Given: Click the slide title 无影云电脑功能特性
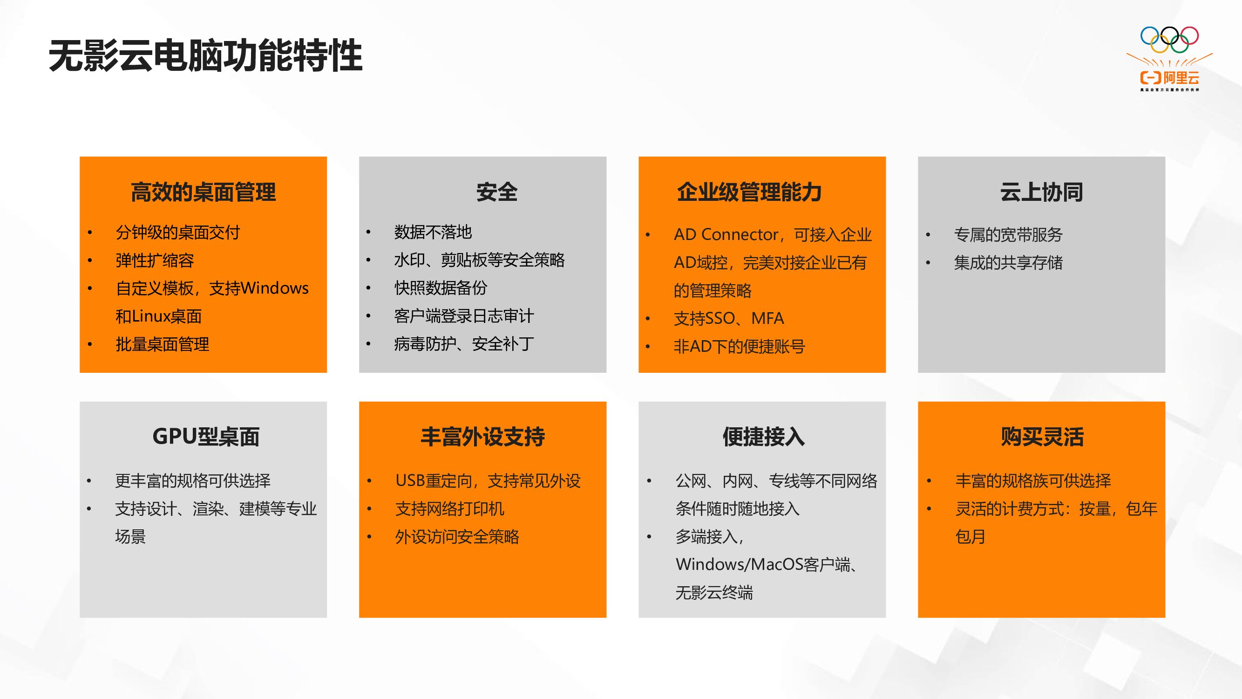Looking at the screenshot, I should [205, 56].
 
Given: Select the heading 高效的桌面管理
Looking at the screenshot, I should [203, 192].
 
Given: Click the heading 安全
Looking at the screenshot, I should [496, 192].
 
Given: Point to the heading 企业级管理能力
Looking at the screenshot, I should [749, 192].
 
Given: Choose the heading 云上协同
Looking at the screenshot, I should [1041, 192].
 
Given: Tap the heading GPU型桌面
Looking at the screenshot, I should [206, 437].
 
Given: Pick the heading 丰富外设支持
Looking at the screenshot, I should [482, 437].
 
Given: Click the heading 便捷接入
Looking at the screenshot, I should [763, 437].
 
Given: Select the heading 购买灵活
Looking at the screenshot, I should [1042, 437].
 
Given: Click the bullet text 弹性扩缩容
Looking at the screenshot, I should [155, 260].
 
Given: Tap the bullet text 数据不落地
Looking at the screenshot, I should [433, 233].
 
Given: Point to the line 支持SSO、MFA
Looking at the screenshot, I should [728, 318].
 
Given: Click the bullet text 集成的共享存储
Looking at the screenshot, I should [1008, 262].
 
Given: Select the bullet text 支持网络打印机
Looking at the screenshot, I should [449, 508].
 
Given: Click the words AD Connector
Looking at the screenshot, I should [726, 234].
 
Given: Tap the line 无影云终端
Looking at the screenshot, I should [713, 592].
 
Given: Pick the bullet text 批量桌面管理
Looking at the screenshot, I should [163, 344].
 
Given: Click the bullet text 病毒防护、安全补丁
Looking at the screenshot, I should [464, 344].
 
